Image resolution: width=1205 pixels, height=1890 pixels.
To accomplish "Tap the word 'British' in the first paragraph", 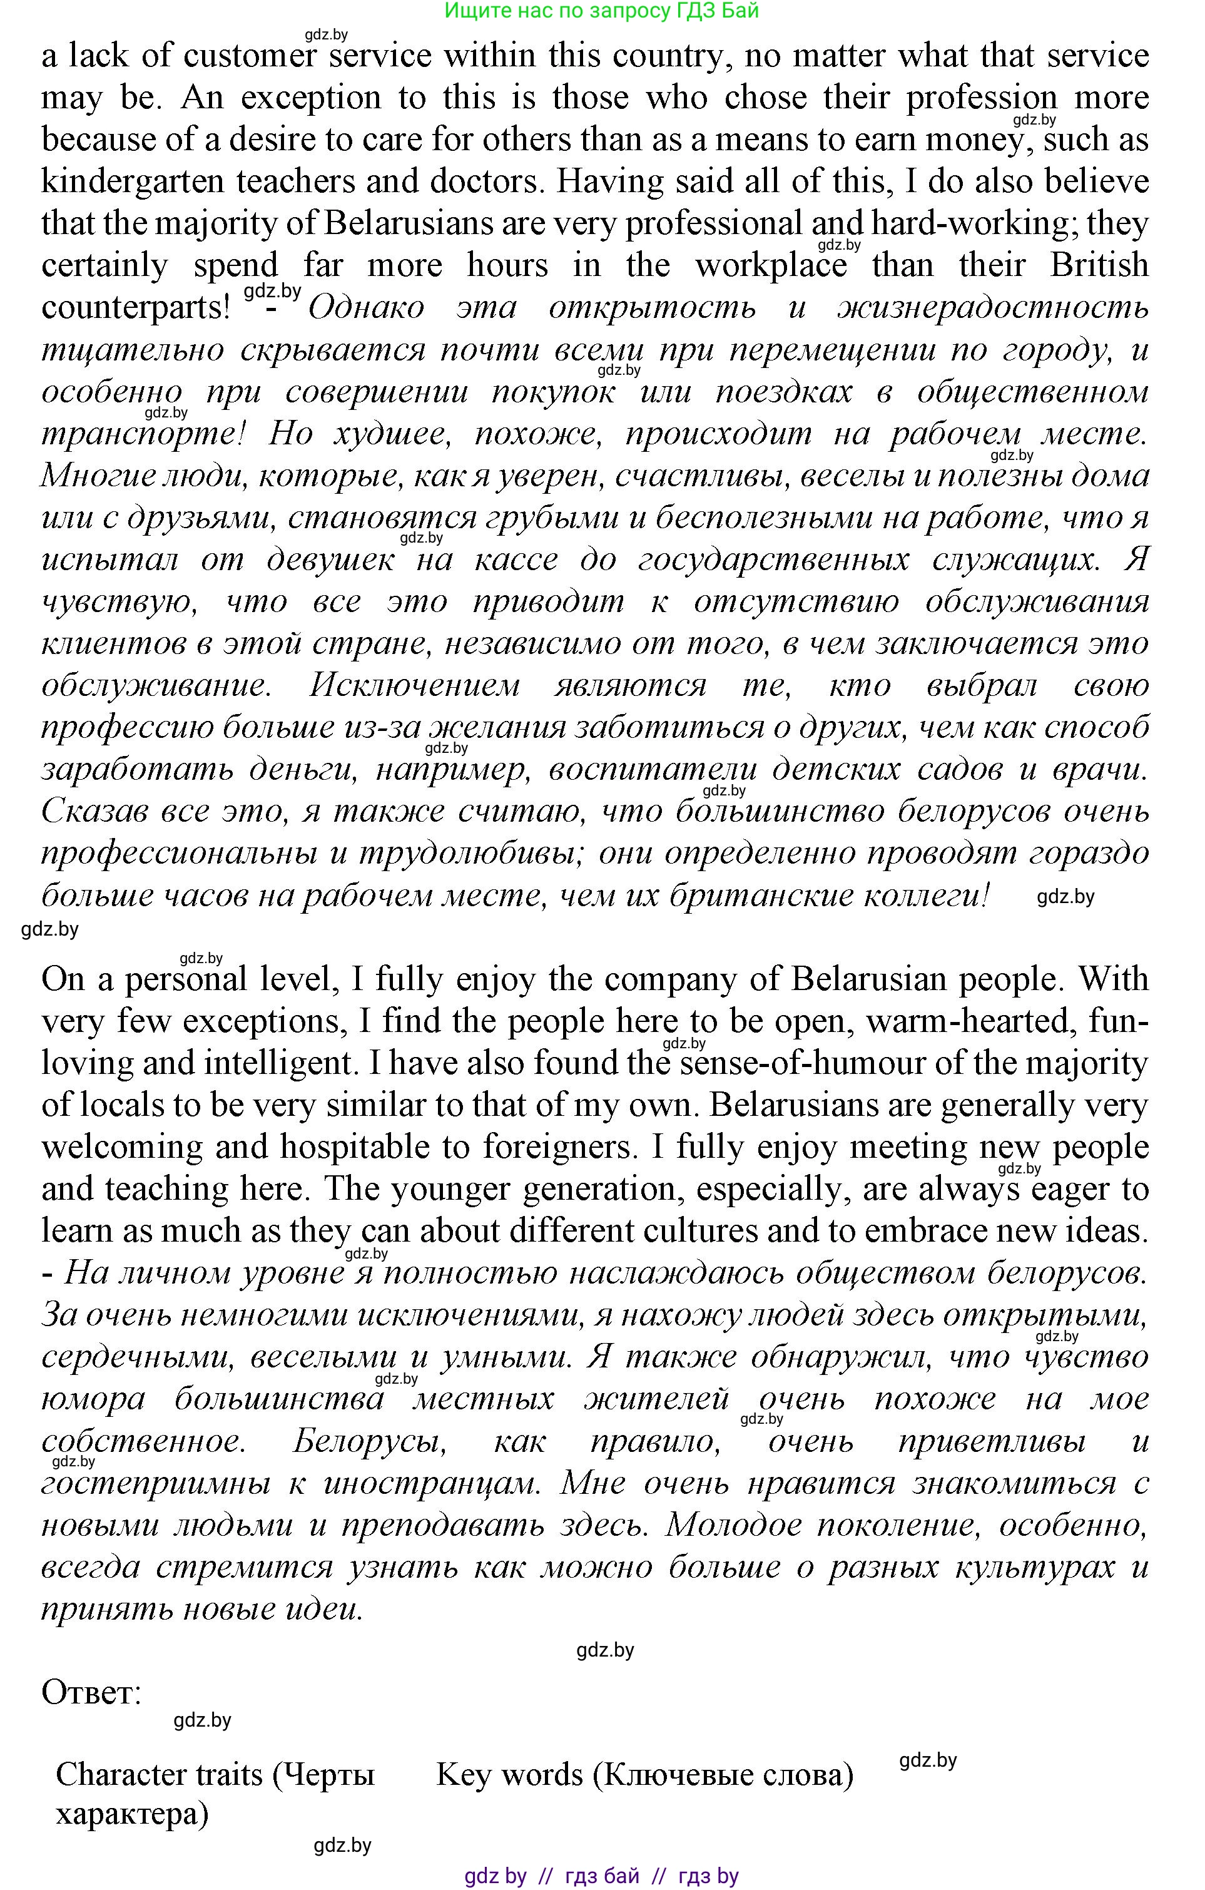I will (1098, 265).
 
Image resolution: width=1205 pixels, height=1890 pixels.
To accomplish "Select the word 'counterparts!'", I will (136, 307).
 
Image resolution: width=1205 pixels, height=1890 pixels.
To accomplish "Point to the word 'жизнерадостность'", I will (993, 307).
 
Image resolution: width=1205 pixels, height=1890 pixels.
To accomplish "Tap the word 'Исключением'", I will (414, 686).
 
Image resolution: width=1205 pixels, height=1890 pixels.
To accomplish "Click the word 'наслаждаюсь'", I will (674, 1273).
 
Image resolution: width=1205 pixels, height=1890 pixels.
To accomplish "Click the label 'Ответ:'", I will (91, 1692).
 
